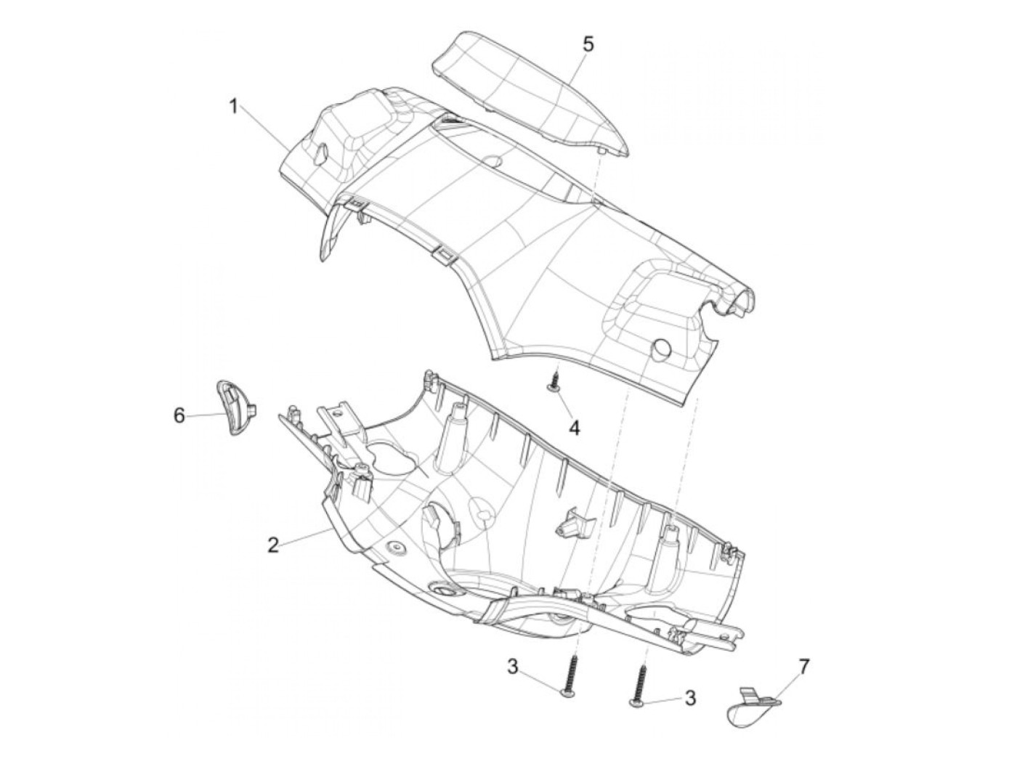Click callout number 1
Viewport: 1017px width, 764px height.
pyautogui.click(x=234, y=107)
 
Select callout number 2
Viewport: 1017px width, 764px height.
pyautogui.click(x=273, y=545)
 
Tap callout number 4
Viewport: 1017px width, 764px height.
pyautogui.click(x=574, y=428)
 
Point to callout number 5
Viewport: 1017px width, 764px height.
pyautogui.click(x=588, y=44)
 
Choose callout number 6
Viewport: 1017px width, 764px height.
pyautogui.click(x=179, y=415)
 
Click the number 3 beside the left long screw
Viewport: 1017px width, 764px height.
pyautogui.click(x=513, y=666)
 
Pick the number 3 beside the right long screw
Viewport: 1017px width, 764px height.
pyautogui.click(x=690, y=699)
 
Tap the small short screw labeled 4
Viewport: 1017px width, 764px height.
pyautogui.click(x=555, y=382)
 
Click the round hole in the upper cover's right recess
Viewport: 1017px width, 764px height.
pyautogui.click(x=661, y=347)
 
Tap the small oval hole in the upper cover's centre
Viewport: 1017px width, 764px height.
pyautogui.click(x=493, y=160)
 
